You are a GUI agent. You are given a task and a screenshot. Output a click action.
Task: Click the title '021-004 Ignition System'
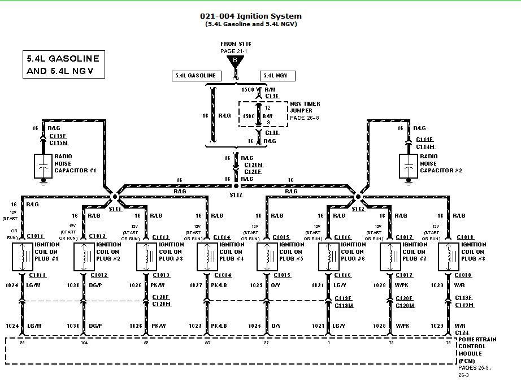(x=251, y=16)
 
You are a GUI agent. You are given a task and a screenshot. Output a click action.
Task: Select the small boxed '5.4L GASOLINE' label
(x=196, y=76)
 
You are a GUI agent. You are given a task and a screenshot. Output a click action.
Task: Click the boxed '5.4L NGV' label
(x=277, y=76)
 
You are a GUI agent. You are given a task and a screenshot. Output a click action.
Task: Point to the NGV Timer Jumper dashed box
(x=263, y=115)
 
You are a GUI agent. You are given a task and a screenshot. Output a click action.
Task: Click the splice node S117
(x=236, y=186)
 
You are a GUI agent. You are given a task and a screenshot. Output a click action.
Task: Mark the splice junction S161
(x=115, y=197)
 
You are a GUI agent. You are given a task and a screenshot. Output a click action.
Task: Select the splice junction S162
(x=358, y=197)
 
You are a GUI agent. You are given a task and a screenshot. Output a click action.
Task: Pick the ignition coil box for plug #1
(x=23, y=257)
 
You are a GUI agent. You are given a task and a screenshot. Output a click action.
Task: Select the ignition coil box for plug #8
(x=449, y=257)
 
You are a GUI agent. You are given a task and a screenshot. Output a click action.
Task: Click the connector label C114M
(x=424, y=147)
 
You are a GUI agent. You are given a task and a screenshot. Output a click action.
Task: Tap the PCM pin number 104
(x=84, y=343)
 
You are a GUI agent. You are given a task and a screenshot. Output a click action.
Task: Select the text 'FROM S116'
(x=236, y=44)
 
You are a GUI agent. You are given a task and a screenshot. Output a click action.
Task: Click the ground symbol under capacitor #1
(x=44, y=182)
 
